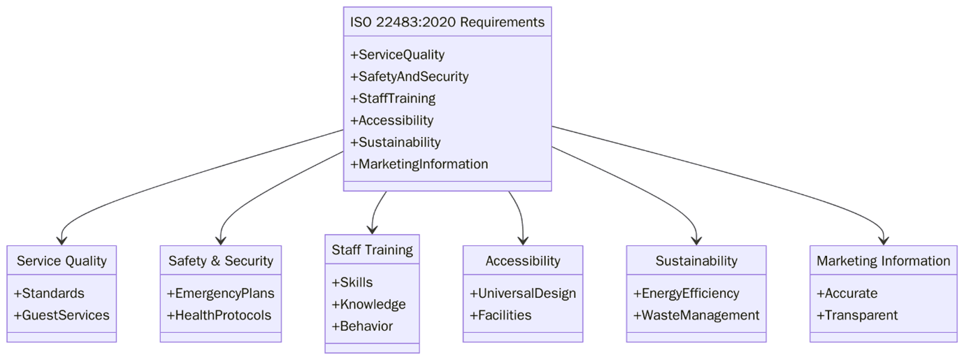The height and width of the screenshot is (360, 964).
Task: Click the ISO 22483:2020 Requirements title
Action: pyautogui.click(x=447, y=22)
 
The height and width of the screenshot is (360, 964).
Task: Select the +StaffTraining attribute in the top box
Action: pyautogui.click(x=393, y=99)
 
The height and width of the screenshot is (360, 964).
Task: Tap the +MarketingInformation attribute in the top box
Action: pyautogui.click(x=419, y=164)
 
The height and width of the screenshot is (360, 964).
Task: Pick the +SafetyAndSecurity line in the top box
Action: pyautogui.click(x=409, y=77)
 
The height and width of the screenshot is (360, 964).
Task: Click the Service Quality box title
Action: pyautogui.click(x=62, y=261)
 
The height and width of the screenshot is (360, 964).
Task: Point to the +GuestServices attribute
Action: pyautogui.click(x=62, y=315)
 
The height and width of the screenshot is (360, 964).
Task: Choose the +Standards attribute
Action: pyautogui.click(x=49, y=294)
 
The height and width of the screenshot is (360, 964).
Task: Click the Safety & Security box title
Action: pyautogui.click(x=220, y=261)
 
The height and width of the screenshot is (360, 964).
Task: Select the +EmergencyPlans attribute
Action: pyautogui.click(x=220, y=294)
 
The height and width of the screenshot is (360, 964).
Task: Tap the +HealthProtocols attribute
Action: pyautogui.click(x=219, y=315)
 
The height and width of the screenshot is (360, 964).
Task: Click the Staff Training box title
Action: pyautogui.click(x=372, y=250)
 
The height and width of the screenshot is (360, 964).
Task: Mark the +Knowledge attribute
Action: pyautogui.click(x=368, y=305)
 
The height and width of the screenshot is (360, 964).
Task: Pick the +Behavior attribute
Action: pyautogui.click(x=362, y=326)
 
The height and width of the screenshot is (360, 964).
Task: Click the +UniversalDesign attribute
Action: pyautogui.click(x=523, y=294)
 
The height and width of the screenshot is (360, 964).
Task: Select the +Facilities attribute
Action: pyautogui.click(x=501, y=315)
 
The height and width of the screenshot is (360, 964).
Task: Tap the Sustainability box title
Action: pyautogui.click(x=696, y=261)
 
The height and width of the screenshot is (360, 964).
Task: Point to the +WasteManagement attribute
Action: pyautogui.click(x=696, y=315)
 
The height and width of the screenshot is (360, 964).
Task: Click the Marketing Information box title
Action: pyautogui.click(x=884, y=261)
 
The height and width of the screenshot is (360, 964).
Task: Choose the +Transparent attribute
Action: pyautogui.click(x=857, y=315)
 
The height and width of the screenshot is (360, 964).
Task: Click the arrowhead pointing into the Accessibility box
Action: pyautogui.click(x=523, y=240)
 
